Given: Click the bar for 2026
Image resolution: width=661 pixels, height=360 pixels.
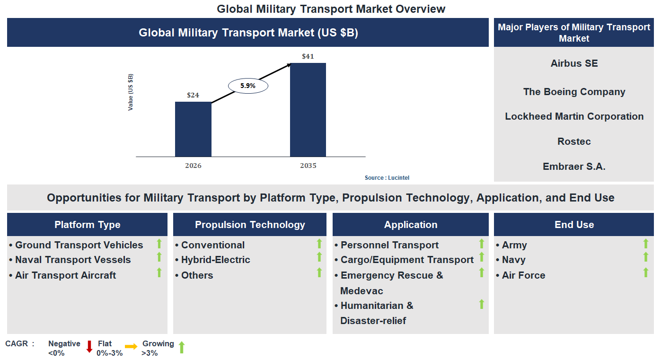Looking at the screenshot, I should coord(193,129).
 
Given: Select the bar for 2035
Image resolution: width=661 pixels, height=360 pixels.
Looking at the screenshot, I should coord(308,109).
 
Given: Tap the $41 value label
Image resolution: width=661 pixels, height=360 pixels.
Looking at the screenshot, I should coord(308,56).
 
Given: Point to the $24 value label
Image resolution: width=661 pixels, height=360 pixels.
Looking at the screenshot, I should coord(193,95).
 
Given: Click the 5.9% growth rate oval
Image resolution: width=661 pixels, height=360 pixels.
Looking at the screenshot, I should coord(248,86).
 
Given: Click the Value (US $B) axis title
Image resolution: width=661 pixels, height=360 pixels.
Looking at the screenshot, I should coord(131,92).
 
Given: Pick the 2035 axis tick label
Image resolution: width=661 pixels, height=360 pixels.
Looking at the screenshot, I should coord(308,166).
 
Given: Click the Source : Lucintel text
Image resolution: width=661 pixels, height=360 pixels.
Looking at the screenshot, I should coord(387,178).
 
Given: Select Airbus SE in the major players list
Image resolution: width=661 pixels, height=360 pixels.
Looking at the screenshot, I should coord(574,63).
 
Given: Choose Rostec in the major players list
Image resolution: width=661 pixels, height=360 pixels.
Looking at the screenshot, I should coord(574,141).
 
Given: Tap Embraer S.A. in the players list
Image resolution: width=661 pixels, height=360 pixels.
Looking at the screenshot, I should coord(574,167).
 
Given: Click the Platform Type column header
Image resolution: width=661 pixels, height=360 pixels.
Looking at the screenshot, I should coord(87,225).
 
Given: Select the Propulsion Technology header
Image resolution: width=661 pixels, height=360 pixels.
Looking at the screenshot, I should coord(250,225).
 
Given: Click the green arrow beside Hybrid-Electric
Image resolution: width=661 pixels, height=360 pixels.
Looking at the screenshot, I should coord(319,257).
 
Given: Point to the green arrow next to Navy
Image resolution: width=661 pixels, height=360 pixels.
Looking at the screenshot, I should coord(645,257).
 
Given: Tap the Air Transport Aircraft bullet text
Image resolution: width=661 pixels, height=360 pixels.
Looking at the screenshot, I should coord(65,275).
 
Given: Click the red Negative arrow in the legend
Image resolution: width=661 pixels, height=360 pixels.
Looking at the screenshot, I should coord(89,347).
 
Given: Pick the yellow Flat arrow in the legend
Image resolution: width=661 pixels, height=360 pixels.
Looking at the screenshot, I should coord(131,347).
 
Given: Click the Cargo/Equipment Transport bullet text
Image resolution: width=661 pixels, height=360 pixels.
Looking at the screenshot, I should coord(407,260).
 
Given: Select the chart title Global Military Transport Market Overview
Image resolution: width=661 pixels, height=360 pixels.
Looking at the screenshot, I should coord(331,9).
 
